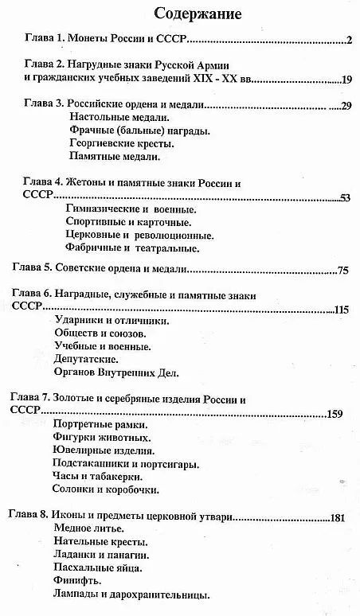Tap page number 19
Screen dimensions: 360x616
[346, 79]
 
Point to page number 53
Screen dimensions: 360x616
[345, 197]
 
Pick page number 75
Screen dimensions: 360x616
[343, 270]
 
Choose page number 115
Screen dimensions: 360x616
[342, 309]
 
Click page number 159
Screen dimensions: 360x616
[335, 414]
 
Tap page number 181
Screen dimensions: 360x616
[336, 518]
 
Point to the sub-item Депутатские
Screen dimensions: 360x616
[87, 359]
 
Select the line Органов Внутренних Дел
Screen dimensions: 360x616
[117, 372]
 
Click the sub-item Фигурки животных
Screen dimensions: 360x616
[102, 438]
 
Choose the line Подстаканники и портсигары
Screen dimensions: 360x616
[125, 463]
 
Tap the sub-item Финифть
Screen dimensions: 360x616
[77, 581]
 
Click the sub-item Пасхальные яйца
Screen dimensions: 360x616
[98, 568]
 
